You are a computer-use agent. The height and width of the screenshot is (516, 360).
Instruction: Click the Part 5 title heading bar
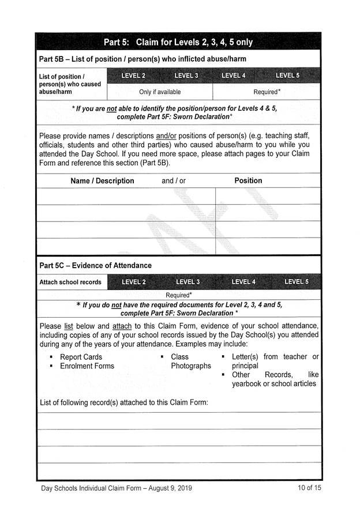178,42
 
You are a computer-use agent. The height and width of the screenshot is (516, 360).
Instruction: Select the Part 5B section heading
142,59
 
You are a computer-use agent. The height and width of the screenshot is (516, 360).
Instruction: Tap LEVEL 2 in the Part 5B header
133,76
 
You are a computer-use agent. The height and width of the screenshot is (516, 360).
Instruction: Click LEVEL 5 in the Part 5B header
287,76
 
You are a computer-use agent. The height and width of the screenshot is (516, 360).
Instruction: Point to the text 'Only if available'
160,92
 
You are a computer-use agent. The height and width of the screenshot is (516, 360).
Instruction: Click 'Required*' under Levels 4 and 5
267,92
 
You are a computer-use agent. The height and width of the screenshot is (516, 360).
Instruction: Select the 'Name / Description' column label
102,180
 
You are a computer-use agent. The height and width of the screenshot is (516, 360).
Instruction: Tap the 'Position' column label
248,180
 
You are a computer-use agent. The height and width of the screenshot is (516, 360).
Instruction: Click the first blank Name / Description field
125,196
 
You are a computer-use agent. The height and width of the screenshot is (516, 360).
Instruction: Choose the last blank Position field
268,246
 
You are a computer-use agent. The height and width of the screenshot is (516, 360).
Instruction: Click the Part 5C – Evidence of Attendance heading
96,265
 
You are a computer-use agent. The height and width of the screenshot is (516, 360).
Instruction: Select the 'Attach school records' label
70,282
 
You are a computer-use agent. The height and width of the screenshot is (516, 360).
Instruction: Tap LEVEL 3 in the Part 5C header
187,282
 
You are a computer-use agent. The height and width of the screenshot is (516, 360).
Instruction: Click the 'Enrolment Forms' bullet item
87,366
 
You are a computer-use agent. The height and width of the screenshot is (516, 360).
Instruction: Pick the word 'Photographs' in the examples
191,366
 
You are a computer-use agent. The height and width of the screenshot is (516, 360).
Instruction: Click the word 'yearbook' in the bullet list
246,384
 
